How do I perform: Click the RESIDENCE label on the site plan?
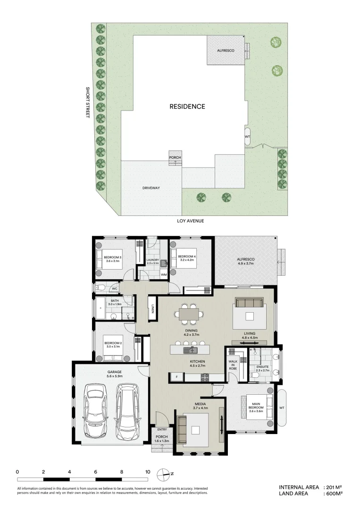click(187, 107)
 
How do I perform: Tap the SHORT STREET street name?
click(87, 102)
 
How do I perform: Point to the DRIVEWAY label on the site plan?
click(151, 188)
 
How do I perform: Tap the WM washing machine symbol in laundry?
click(164, 274)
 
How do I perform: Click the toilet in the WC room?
click(100, 288)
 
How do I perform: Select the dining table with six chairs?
click(189, 314)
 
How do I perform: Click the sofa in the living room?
click(249, 303)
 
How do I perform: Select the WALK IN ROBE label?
click(233, 365)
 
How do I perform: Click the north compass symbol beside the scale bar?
click(164, 473)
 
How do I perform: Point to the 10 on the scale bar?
click(148, 471)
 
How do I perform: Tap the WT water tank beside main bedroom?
click(282, 407)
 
